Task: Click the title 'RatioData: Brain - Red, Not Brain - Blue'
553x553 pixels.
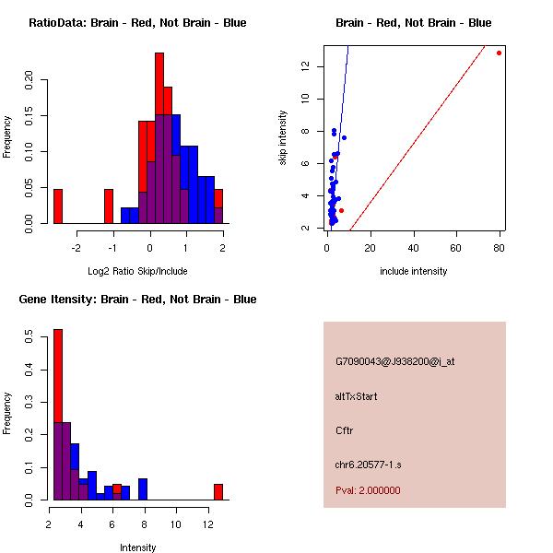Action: (x=137, y=23)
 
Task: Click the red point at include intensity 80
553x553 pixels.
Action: (x=500, y=53)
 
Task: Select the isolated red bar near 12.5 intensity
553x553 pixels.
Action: (x=218, y=491)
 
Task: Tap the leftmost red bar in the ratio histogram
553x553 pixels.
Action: (x=57, y=206)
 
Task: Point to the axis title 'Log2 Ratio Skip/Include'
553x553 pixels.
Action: (x=137, y=271)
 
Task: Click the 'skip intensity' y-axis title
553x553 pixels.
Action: (x=283, y=138)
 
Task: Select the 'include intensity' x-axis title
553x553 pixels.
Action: (x=413, y=271)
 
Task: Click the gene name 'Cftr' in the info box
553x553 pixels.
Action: (x=345, y=430)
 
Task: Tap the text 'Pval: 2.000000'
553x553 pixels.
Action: (x=368, y=490)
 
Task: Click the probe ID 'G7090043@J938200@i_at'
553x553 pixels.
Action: (x=394, y=361)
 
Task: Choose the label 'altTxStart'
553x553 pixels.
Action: (x=356, y=396)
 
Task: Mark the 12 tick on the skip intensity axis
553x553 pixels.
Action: (x=316, y=66)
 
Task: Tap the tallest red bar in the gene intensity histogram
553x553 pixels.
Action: (x=57, y=415)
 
